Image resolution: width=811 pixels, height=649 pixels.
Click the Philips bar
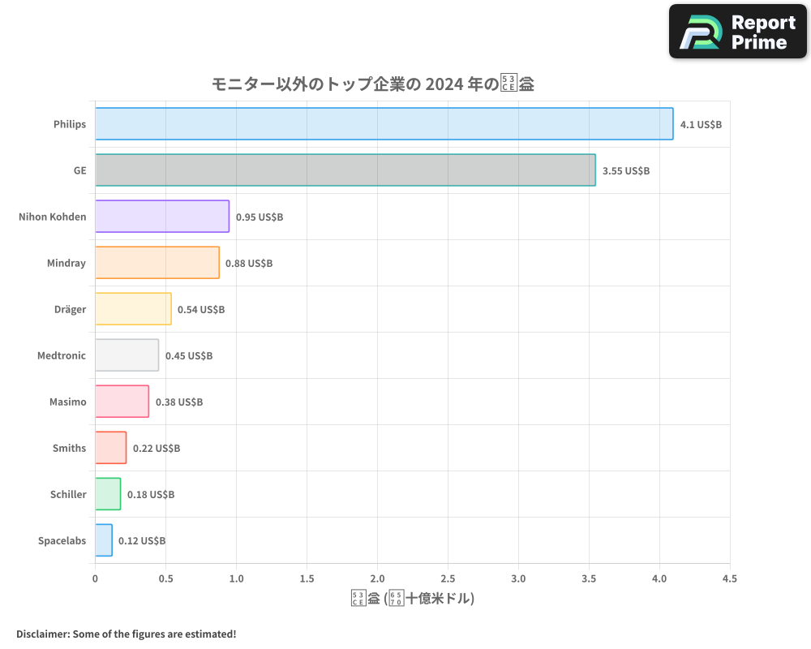384,124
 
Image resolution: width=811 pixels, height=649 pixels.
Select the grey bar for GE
345,170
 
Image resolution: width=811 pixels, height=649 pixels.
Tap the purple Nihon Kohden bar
162,217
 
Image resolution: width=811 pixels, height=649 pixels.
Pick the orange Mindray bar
157,263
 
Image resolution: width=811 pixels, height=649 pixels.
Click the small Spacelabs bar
104,540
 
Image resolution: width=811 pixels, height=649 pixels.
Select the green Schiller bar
108,494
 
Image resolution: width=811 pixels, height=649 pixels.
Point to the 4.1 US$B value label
701,125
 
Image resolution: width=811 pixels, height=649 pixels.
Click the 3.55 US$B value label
625,171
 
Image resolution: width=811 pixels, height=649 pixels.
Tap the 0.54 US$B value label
201,310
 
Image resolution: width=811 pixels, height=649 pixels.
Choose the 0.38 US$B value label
178,402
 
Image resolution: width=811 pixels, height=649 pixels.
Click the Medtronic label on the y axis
62,355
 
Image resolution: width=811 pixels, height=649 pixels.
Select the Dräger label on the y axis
70,309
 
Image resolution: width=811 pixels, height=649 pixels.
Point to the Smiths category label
69,448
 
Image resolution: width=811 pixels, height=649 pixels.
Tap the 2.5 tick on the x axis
448,579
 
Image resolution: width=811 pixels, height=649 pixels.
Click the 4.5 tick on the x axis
729,579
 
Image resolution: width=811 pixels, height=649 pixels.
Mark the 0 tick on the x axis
96,579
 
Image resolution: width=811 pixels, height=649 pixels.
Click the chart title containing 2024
372,84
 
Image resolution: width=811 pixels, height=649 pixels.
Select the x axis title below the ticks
412,600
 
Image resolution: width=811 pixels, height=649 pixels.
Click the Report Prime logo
737,32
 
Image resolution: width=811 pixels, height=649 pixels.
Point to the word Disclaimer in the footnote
41,634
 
